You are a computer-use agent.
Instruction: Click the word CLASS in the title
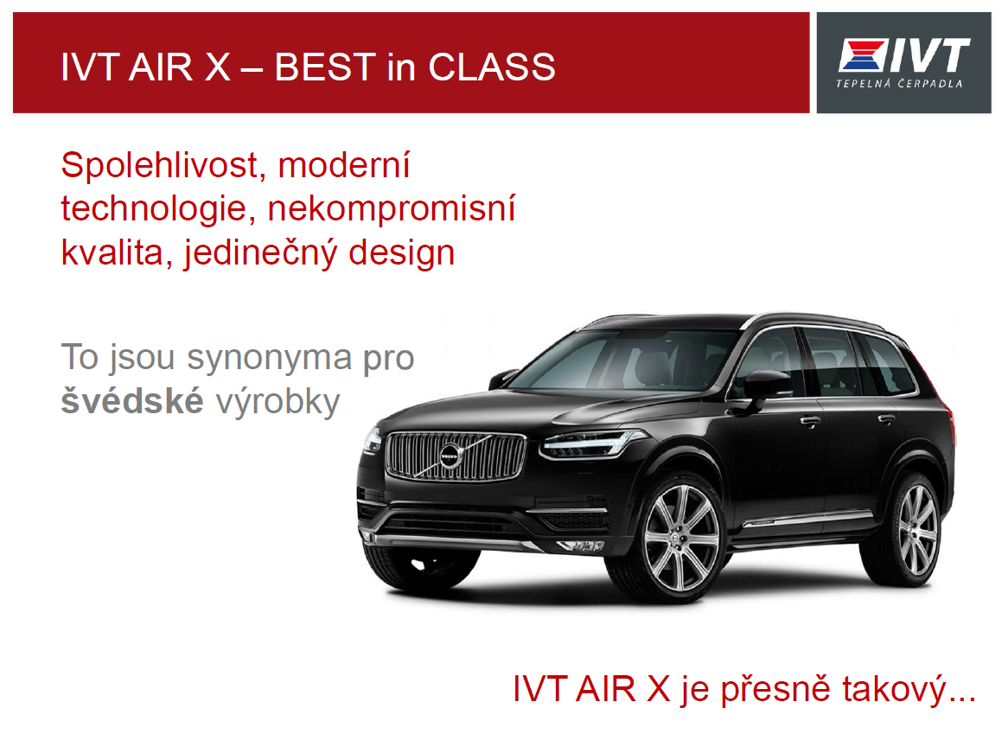click(492, 67)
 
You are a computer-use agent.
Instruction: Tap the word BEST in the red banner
click(325, 67)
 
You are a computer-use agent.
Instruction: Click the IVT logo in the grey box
click(904, 55)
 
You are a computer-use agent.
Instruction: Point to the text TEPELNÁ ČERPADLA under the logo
click(899, 83)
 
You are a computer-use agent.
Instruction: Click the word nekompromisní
click(392, 209)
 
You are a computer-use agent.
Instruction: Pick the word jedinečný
click(261, 252)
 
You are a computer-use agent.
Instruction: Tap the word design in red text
click(402, 252)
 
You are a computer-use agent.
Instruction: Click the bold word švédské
click(132, 400)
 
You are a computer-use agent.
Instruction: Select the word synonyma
click(270, 358)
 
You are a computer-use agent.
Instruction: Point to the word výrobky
click(278, 403)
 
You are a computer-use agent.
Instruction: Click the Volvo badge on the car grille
click(450, 456)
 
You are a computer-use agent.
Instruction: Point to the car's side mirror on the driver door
click(767, 386)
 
